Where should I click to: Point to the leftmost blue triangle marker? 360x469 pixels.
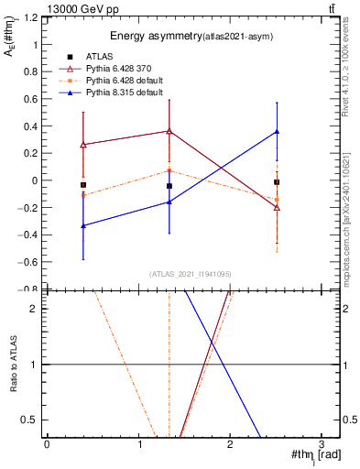click(x=83, y=225)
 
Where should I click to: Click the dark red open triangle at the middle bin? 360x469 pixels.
click(x=169, y=131)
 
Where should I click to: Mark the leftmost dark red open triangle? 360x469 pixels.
click(x=83, y=145)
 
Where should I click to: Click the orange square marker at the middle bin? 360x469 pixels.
click(x=169, y=170)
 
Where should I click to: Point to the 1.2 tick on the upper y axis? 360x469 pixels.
click(x=30, y=17)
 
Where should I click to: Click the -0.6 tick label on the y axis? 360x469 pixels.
click(x=28, y=262)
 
